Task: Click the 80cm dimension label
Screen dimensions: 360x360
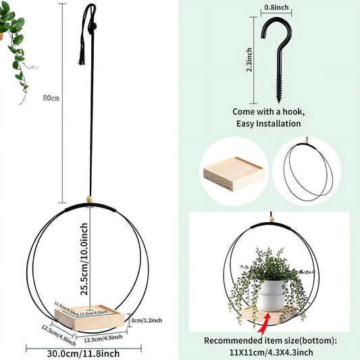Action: (x=51, y=98)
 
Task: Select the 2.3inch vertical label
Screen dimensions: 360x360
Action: (x=249, y=59)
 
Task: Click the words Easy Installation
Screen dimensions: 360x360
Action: (x=268, y=124)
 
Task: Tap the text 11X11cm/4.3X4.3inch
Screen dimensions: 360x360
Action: (x=271, y=352)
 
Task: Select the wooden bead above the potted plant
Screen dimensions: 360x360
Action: (x=270, y=222)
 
